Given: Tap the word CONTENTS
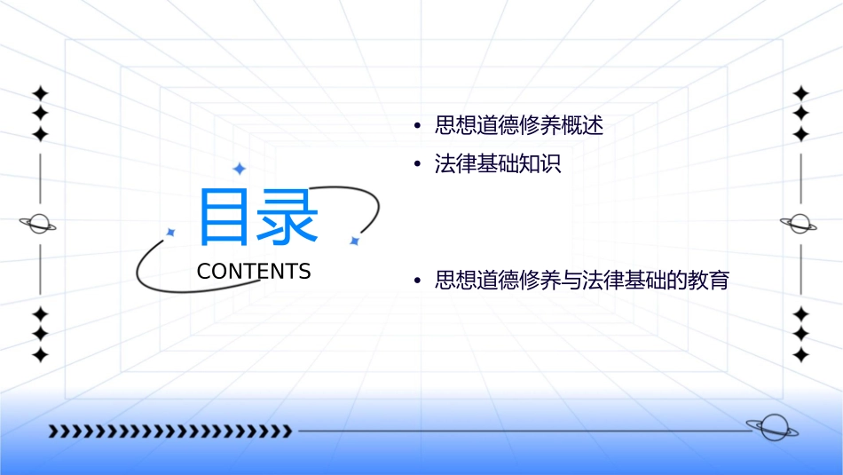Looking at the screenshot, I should click(x=254, y=272).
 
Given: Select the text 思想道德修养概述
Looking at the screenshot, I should click(x=519, y=126).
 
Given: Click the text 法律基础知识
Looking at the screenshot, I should click(x=498, y=164).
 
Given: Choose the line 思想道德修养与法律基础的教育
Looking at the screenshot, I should click(x=582, y=281).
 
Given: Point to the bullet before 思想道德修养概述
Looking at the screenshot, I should click(x=416, y=126).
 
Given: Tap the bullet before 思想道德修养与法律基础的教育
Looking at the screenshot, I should click(x=416, y=281).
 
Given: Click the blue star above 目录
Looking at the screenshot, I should click(x=239, y=169).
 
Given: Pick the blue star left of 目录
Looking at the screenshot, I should click(x=171, y=232).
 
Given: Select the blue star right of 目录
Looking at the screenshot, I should click(x=354, y=241).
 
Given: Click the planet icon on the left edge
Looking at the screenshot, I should click(x=39, y=224).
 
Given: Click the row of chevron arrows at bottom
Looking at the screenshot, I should click(x=169, y=431).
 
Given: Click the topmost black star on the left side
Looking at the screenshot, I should click(x=40, y=93).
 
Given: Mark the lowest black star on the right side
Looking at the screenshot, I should click(x=801, y=355).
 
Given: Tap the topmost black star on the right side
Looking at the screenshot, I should click(x=801, y=93).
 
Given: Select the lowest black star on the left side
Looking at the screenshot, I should click(x=40, y=355).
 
